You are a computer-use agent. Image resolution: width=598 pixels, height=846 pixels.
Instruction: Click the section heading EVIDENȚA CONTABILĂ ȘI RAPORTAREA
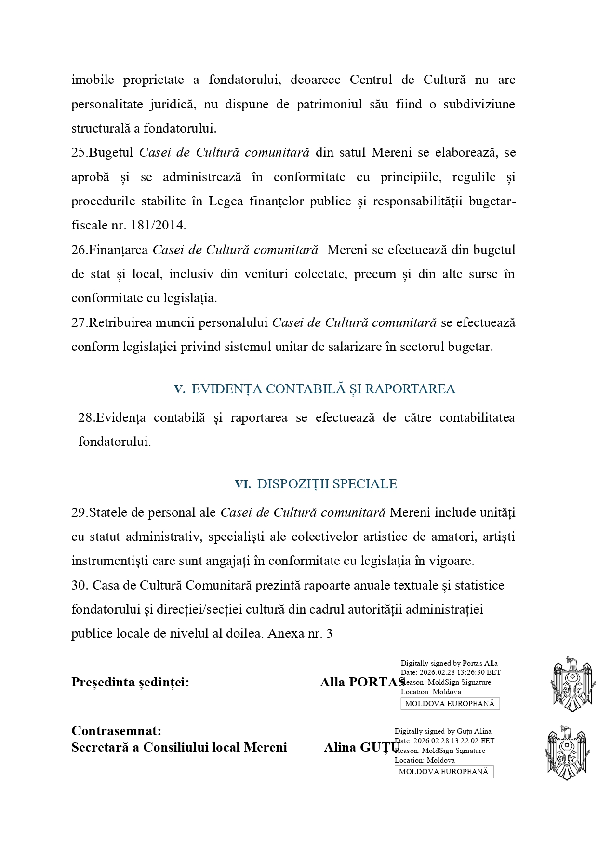coord(323,389)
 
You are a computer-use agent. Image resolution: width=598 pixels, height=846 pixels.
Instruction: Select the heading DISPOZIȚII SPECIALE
coord(327,484)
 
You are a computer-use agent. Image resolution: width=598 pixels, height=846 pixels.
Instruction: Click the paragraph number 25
coord(79,153)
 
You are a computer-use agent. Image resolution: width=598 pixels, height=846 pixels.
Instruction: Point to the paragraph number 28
coord(85,417)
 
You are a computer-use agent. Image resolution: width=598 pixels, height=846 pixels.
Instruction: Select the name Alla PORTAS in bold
coord(362,682)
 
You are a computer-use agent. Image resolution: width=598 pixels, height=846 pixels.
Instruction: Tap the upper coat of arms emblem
coord(571,684)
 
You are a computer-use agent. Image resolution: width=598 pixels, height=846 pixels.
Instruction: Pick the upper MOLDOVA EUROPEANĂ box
coord(450,703)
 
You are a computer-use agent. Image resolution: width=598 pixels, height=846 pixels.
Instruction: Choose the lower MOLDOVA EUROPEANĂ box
coord(443,771)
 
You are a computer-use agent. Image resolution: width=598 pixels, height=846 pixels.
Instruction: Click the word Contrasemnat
coord(116,731)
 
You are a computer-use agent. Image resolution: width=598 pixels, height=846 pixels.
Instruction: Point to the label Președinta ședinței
coord(130,682)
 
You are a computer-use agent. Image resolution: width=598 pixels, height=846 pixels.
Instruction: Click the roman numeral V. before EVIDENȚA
coord(179,389)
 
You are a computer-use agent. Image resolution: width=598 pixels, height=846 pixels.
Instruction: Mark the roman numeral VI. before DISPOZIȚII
coord(242,484)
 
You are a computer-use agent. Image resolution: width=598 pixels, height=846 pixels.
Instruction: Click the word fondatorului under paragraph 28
coord(114,442)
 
